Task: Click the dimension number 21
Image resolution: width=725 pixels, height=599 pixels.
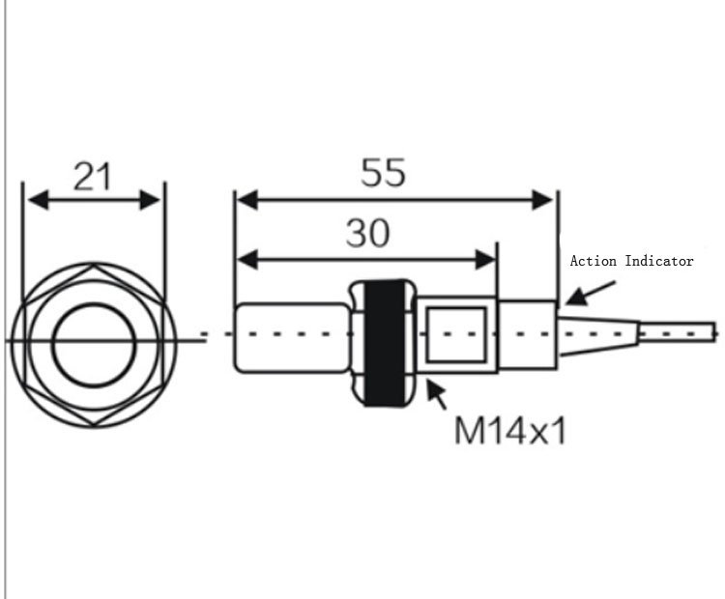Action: pyautogui.click(x=93, y=176)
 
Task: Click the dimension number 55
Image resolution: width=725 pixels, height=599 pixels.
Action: pyautogui.click(x=384, y=172)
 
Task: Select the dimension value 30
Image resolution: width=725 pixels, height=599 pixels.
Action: pyautogui.click(x=368, y=233)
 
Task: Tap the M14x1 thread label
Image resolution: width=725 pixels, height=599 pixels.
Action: pyautogui.click(x=510, y=431)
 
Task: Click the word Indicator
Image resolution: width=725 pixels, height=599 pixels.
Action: pyautogui.click(x=659, y=261)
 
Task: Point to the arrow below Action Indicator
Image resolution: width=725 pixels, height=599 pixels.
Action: pyautogui.click(x=591, y=293)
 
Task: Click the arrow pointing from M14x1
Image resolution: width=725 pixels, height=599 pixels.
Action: pyautogui.click(x=437, y=394)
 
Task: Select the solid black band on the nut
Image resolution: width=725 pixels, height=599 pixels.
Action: pyautogui.click(x=385, y=343)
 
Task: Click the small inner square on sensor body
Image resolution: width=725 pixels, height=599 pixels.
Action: pyautogui.click(x=456, y=334)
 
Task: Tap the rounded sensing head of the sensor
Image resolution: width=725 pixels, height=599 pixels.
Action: pyautogui.click(x=292, y=337)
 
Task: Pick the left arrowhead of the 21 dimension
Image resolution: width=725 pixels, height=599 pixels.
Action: pyautogui.click(x=38, y=200)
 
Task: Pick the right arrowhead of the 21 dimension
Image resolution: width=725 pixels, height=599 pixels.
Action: pyautogui.click(x=150, y=200)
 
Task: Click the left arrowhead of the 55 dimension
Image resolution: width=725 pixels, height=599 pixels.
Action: pyautogui.click(x=246, y=200)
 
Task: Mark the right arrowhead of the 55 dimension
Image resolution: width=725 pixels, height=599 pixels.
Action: pyautogui.click(x=542, y=200)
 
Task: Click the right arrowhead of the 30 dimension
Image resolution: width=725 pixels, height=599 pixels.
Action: pyautogui.click(x=485, y=260)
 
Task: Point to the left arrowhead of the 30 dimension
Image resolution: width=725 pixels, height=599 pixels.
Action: pyautogui.click(x=246, y=260)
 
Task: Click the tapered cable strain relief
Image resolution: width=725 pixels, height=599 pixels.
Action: pyautogui.click(x=598, y=336)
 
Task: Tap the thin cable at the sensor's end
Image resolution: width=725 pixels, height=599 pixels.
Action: pyautogui.click(x=678, y=333)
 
